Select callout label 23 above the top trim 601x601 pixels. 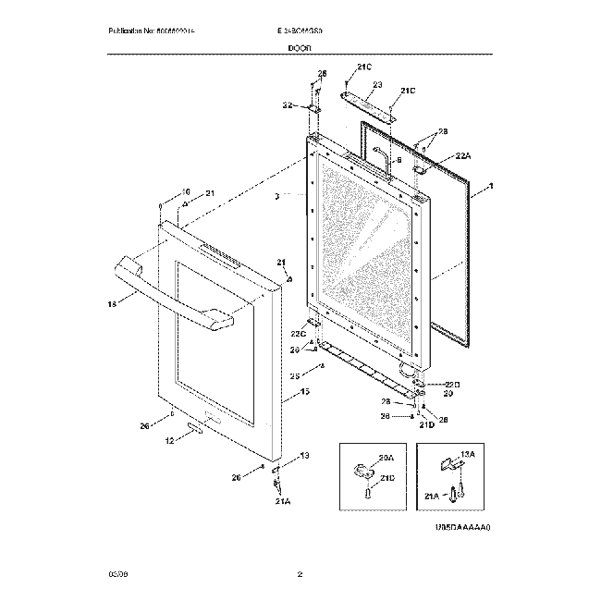point(377,85)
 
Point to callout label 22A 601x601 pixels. point(463,157)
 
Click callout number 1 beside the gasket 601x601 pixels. point(490,187)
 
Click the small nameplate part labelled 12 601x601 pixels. point(195,428)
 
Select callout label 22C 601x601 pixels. point(298,333)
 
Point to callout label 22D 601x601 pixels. point(450,384)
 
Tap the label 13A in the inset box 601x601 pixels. point(466,454)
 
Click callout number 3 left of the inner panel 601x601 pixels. point(276,197)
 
